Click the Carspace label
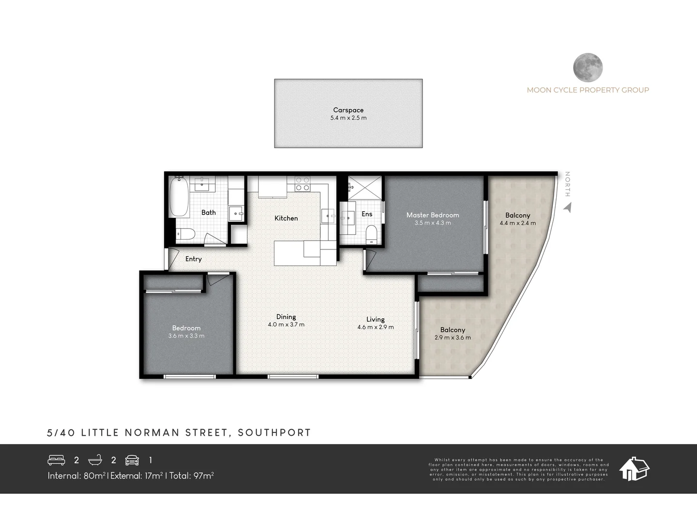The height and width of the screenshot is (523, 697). (348, 110)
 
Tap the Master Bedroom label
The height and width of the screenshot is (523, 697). (432, 215)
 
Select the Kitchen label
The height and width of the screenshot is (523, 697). (286, 218)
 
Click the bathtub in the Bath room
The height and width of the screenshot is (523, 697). (179, 198)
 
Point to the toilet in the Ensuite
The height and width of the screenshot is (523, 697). (371, 234)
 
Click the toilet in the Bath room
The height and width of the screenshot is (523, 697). (185, 234)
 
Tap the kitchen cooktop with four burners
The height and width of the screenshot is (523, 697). (303, 184)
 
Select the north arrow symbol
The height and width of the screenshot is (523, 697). (568, 208)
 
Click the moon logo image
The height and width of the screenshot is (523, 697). (588, 67)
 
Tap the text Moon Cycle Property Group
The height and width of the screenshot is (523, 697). (588, 90)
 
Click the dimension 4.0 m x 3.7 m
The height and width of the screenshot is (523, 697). (286, 325)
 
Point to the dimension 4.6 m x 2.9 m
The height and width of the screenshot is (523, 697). (375, 327)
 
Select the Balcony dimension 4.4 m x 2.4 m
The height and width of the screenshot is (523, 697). (517, 223)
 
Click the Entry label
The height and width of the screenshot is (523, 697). (193, 259)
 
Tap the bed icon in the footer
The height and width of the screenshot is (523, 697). (57, 460)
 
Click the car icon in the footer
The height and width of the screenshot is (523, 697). (132, 460)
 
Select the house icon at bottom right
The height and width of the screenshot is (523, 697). (635, 468)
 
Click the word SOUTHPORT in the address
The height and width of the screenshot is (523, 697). (274, 432)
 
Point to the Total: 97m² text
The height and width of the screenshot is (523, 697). (192, 476)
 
